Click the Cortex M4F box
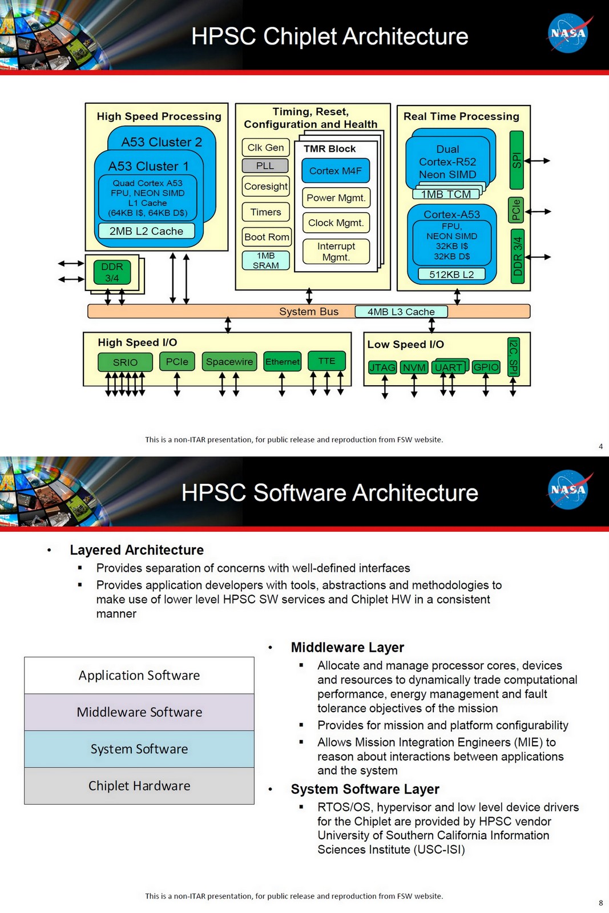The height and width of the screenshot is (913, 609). (336, 171)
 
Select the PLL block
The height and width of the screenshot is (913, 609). (265, 165)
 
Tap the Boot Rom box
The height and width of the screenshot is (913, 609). (267, 237)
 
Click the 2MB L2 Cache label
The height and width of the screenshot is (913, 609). (146, 231)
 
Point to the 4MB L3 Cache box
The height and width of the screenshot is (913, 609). (401, 312)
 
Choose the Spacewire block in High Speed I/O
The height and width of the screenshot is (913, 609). (229, 361)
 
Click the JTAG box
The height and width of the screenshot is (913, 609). (382, 367)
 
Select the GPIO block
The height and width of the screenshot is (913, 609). (486, 367)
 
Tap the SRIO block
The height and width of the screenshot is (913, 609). (125, 362)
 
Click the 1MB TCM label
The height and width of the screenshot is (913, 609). (446, 194)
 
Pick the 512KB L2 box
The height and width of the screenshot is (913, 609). (451, 274)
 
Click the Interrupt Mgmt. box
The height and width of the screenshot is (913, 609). (336, 251)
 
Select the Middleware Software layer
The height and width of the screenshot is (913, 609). (139, 712)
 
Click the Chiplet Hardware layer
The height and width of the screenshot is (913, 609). (139, 786)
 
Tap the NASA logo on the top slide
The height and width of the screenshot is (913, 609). (568, 34)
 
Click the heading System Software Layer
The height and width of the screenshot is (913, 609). (365, 789)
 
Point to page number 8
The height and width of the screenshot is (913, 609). (600, 903)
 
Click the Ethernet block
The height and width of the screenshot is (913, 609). (282, 361)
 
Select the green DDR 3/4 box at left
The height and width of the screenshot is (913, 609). (112, 272)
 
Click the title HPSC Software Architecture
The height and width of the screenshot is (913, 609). (329, 492)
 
